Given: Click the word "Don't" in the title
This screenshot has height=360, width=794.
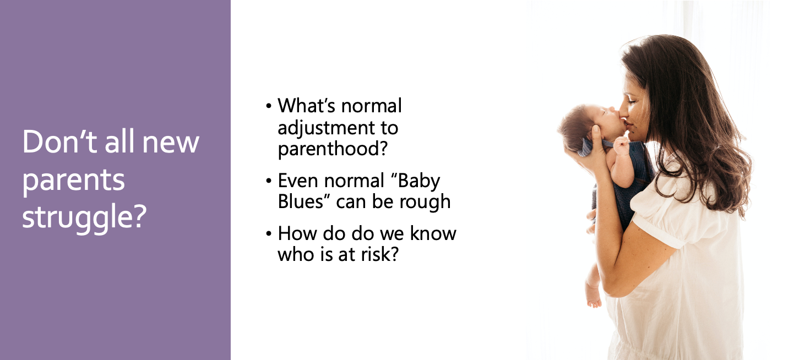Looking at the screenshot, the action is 59,141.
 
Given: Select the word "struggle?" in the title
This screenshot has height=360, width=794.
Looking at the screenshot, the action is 84,217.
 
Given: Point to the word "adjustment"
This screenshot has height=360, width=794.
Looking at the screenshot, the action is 326,128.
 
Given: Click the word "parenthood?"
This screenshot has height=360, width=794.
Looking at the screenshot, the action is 333,149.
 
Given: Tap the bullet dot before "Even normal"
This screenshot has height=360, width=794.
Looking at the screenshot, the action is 269,181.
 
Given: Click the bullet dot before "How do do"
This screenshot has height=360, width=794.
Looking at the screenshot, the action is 269,234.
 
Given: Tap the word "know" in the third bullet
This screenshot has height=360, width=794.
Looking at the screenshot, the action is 433,233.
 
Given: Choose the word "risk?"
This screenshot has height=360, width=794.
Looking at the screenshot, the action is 380,254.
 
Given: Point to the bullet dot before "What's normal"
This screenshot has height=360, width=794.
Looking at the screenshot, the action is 269,106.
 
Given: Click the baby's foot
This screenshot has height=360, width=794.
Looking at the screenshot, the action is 594,300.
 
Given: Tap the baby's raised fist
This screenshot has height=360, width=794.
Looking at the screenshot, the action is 621,145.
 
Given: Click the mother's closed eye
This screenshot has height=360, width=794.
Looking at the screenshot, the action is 633,102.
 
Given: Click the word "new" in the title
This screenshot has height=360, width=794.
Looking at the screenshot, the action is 171,143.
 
